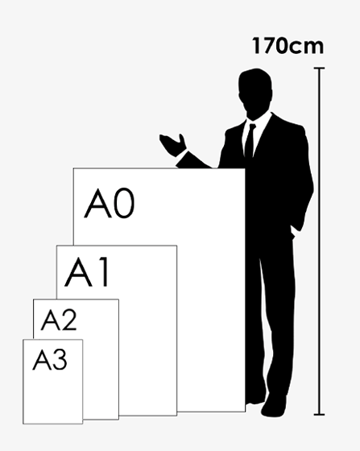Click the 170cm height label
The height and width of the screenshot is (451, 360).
coord(288,46)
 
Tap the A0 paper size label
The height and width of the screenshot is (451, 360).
coord(110,203)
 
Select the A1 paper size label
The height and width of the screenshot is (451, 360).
coord(86,272)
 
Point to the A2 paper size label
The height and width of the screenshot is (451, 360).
coord(59,320)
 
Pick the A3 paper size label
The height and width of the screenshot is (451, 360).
coord(50,359)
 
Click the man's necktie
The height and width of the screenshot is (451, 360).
coord(250,141)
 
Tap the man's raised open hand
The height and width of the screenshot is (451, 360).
coord(173,145)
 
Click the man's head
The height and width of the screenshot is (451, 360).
coord(255,93)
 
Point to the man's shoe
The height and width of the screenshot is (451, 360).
coord(274,406)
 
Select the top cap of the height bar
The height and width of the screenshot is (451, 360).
coord(319,68)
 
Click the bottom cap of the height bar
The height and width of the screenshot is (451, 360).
coord(319,415)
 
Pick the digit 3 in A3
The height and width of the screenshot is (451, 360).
coord(60,359)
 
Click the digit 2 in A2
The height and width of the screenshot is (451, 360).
coord(69,320)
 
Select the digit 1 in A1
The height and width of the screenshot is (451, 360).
coord(104,272)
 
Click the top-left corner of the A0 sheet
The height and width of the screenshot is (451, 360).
coord(73,168)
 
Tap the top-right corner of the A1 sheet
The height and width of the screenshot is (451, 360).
coord(177,246)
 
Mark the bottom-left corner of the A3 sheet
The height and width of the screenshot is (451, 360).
coord(23,424)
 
